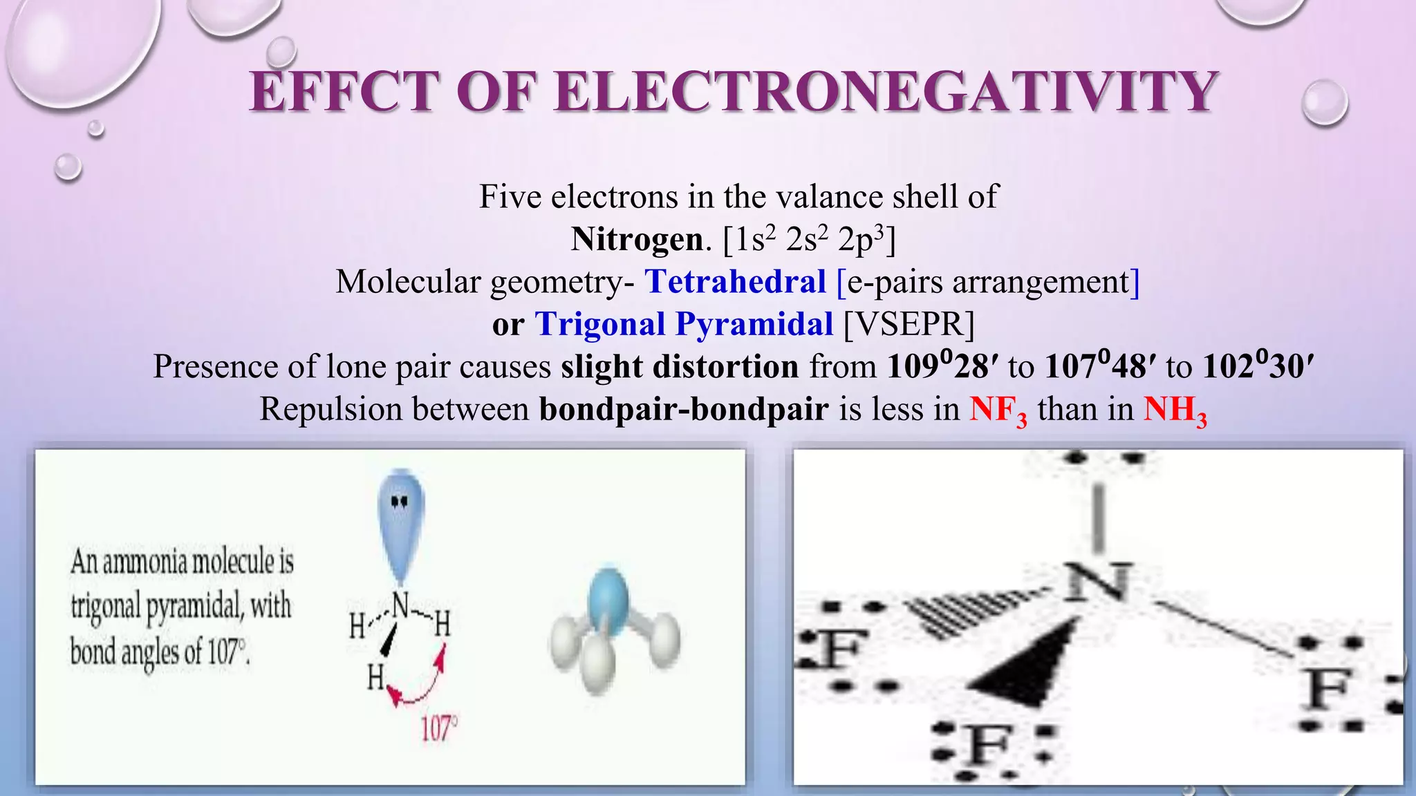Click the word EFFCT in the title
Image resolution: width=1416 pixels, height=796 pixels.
(344, 92)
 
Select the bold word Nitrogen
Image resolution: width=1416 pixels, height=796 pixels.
(637, 240)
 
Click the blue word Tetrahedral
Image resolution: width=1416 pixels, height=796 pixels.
(736, 282)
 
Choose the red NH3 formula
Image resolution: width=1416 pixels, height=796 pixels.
(1175, 410)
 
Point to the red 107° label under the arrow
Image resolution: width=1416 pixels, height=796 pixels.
(439, 728)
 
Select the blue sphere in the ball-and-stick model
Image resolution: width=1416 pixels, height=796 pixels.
(608, 603)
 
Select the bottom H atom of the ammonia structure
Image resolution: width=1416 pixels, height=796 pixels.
(375, 678)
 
